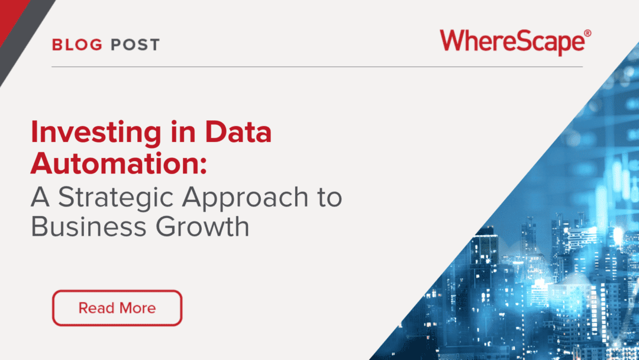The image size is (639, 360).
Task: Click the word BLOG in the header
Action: click(77, 45)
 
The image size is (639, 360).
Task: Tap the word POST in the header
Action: click(135, 45)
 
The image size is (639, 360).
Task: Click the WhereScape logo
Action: click(515, 42)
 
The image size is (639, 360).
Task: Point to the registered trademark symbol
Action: click(588, 33)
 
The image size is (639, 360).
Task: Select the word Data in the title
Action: click(238, 131)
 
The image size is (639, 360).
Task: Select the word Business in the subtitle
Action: click(88, 227)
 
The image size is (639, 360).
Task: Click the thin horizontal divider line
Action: click(317, 66)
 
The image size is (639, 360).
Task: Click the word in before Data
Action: click(183, 131)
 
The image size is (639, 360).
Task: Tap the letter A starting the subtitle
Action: click(40, 197)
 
